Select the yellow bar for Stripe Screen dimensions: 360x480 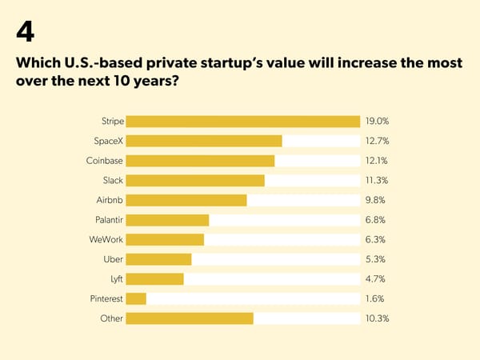click(242, 122)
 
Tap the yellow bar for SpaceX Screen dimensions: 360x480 click(204, 142)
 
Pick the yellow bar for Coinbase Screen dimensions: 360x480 click(200, 161)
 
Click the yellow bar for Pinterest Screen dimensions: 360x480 click(136, 298)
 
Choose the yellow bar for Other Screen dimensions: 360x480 click(190, 318)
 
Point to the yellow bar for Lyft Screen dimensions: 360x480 click(154, 279)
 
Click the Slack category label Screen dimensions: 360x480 click(113, 181)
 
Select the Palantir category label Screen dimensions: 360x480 click(108, 220)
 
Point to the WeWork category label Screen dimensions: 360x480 click(106, 239)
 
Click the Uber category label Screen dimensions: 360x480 click(114, 259)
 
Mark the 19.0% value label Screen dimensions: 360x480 click(377, 122)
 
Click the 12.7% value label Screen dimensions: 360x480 click(377, 142)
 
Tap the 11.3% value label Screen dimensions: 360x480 click(377, 181)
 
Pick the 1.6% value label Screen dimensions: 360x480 click(375, 298)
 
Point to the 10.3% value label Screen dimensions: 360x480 click(377, 318)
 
